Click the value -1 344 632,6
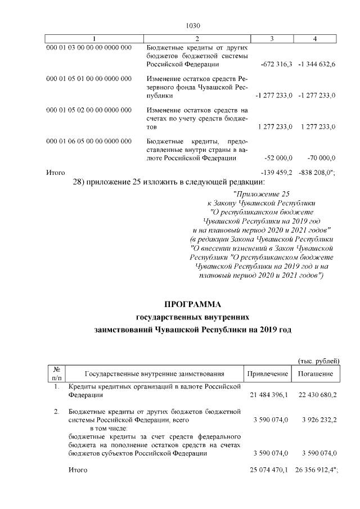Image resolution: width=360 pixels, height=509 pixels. point(317,65)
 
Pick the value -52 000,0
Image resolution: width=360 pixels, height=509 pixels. point(278,158)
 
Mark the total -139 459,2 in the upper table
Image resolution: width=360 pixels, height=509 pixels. point(276,172)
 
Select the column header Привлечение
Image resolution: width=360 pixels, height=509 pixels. point(267,374)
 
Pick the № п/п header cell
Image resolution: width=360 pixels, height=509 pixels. point(56,374)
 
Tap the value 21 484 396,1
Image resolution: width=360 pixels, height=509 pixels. point(268,395)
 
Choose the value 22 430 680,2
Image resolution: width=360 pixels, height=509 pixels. point(316,395)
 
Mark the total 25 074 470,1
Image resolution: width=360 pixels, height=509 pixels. point(268,469)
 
